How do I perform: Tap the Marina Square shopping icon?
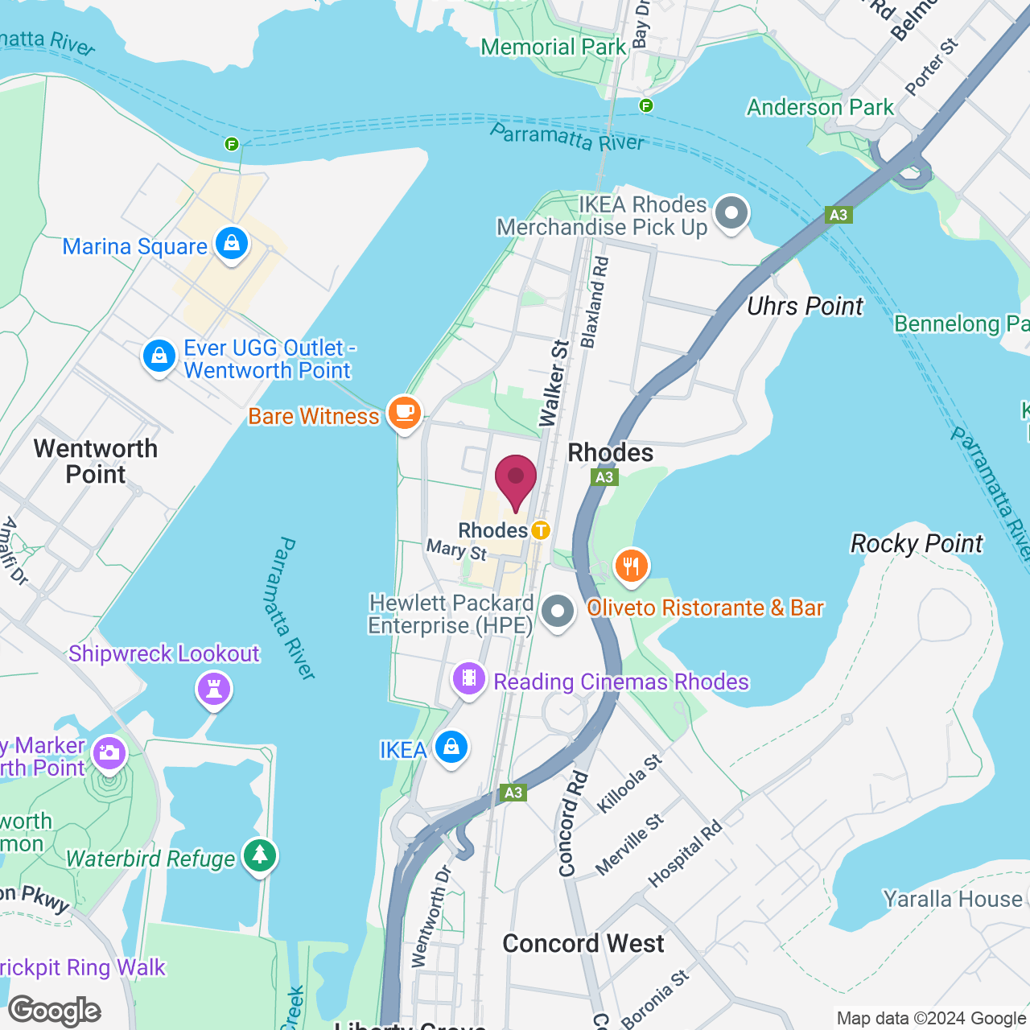click(232, 244)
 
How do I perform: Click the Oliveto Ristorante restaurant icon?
click(632, 566)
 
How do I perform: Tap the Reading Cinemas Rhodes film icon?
click(469, 679)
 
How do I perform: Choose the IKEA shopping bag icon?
click(451, 748)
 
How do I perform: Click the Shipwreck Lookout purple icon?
click(214, 689)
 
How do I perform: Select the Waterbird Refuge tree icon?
click(259, 855)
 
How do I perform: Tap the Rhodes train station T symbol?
click(540, 530)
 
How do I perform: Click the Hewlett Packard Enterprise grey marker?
click(557, 612)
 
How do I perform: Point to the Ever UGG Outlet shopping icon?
click(159, 356)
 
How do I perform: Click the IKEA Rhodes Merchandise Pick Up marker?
click(731, 214)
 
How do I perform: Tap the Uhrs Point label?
click(805, 307)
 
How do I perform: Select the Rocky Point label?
click(917, 544)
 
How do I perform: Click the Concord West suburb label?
click(583, 943)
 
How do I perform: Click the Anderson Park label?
click(820, 107)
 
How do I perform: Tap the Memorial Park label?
click(553, 47)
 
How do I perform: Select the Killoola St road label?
click(630, 782)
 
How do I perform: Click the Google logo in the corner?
click(55, 1011)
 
